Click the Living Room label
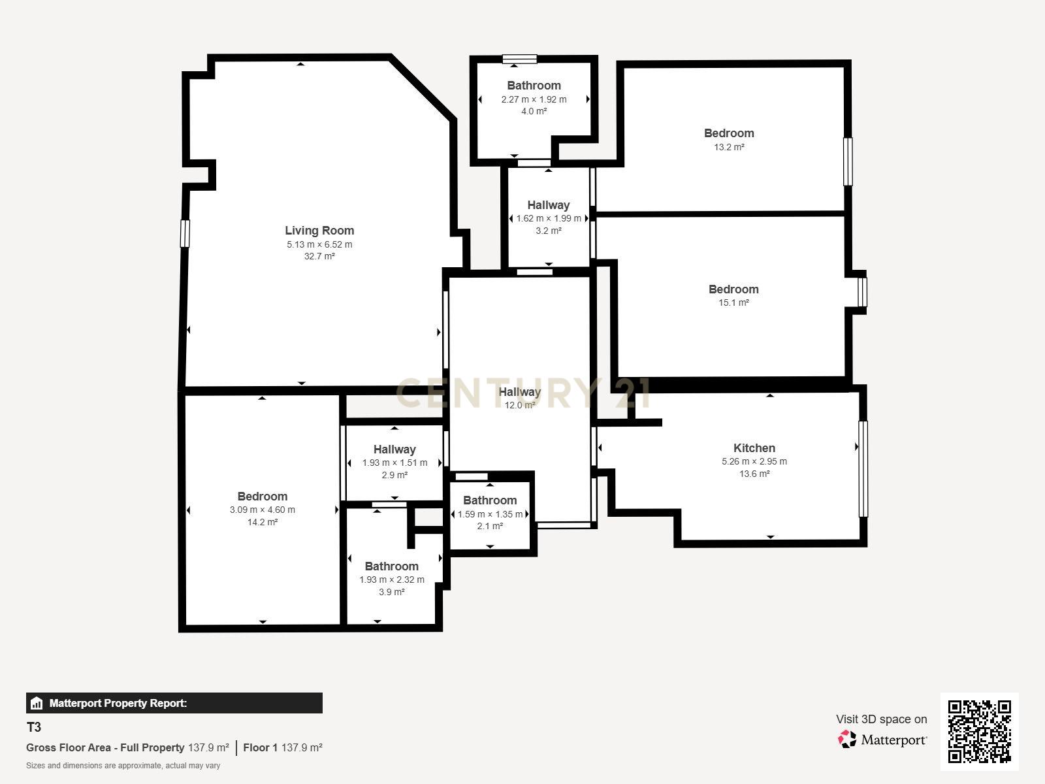coord(319,230)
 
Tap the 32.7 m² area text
coord(319,256)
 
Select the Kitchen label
coord(754,448)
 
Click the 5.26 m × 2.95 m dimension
coord(754,461)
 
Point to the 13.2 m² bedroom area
coord(729,147)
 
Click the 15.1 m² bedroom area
coord(733,302)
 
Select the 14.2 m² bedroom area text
coord(263,522)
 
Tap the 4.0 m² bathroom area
coord(534,111)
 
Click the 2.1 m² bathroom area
coord(490,526)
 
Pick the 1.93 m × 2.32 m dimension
coord(392,580)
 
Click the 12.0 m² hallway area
coord(520,405)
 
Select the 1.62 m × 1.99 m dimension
coord(549,218)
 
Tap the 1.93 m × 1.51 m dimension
coord(394,463)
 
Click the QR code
coord(979,731)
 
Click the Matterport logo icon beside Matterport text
coord(847,739)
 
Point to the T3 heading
coord(34,727)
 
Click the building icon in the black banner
coord(37,703)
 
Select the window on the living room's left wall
coord(185,233)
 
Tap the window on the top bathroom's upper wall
coord(520,59)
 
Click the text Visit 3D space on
coord(881,719)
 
